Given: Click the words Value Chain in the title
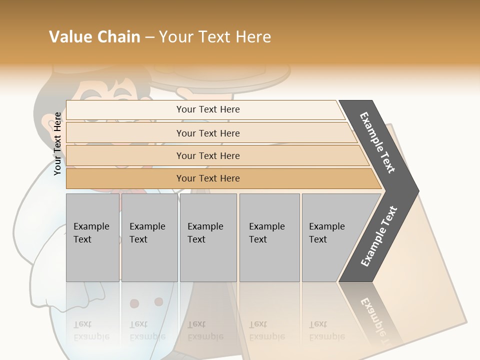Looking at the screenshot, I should tap(94, 37).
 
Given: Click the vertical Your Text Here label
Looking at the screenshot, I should tap(57, 143).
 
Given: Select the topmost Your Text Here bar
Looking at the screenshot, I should tap(207, 109).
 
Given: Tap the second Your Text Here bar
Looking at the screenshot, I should tap(207, 133).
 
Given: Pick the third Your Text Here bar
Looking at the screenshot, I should tap(207, 155).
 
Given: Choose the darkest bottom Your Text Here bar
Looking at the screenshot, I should tap(207, 178).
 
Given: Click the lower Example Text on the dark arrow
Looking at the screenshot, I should tap(379, 236).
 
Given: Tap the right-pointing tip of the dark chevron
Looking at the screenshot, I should tap(416, 191).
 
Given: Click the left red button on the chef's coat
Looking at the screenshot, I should tap(134, 303).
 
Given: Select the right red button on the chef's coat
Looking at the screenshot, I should tap(158, 301).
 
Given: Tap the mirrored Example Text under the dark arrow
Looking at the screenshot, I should tap(375, 315).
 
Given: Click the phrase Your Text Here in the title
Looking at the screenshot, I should tap(215, 37).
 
